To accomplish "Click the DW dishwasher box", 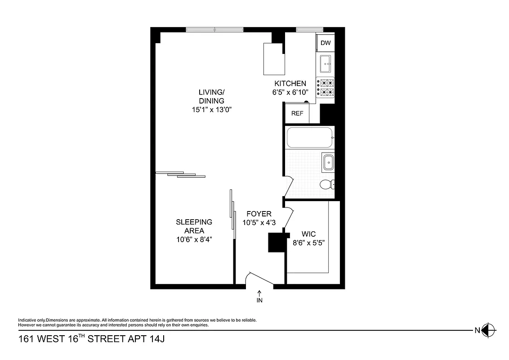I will tap(326, 43).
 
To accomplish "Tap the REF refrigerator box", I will tap(297, 113).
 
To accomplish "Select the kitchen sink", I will tap(325, 64).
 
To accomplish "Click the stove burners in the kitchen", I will tap(326, 87).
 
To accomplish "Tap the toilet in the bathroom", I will tap(326, 184).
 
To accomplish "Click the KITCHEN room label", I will tap(290, 84).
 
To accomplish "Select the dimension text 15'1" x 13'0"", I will tap(211, 109).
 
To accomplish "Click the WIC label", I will tap(308, 234).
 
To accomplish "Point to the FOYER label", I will tap(259, 214).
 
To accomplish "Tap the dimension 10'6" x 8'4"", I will tap(194, 239).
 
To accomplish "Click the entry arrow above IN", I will tap(259, 293).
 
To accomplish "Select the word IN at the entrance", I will tap(259, 300).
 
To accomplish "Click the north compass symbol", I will tap(490, 330).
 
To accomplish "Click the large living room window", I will tap(214, 30).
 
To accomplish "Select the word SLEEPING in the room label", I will tap(194, 222).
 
